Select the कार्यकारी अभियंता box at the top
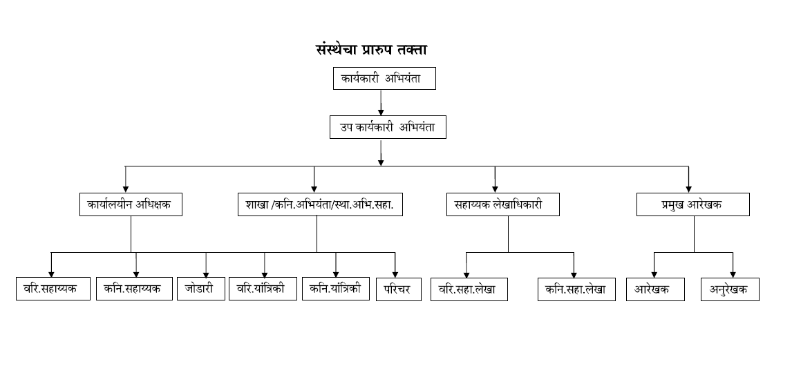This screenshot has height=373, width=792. (385, 79)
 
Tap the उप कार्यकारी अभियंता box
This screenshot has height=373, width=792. (387, 128)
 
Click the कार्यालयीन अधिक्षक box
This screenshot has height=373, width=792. (130, 205)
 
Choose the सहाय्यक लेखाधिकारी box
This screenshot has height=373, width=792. (502, 205)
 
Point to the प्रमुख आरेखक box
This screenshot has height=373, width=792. (692, 205)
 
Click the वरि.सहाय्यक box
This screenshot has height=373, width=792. (53, 289)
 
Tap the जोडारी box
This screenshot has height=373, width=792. (200, 289)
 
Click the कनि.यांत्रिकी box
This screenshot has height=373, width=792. (335, 289)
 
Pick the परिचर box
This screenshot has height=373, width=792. (399, 289)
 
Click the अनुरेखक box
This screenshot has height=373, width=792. (730, 289)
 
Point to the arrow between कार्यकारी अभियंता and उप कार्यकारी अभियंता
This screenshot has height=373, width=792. (381, 103)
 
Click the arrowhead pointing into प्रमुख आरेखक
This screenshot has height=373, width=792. (688, 188)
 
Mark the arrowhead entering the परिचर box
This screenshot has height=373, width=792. (395, 274)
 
